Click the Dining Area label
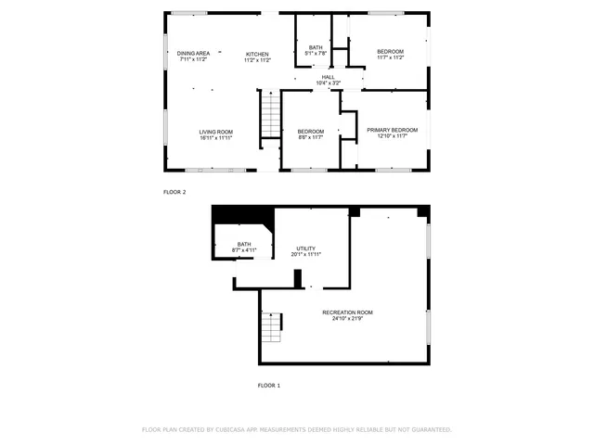coord(193,54)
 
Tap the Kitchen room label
coord(257,55)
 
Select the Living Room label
coord(215,133)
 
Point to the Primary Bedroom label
coord(392,130)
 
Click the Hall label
coord(329,77)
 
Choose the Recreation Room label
coord(348,312)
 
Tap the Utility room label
coord(306,248)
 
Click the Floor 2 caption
coord(174,192)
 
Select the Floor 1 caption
coord(268,385)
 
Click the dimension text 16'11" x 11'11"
coord(215,139)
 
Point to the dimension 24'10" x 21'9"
coord(348,320)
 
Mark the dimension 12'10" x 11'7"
coord(392,137)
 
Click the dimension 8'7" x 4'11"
coord(243,250)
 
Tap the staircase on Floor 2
coord(269,116)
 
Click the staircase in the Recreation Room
coord(271,327)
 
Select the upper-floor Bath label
coord(316,47)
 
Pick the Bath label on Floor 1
coord(243,244)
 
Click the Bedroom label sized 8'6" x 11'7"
coord(311,132)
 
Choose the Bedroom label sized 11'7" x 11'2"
coord(390,50)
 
